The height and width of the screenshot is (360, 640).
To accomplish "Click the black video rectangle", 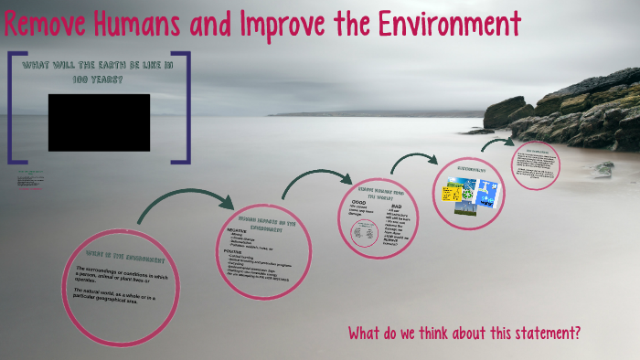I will tap(99, 122).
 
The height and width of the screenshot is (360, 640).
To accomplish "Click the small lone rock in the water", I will tap(603, 168).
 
